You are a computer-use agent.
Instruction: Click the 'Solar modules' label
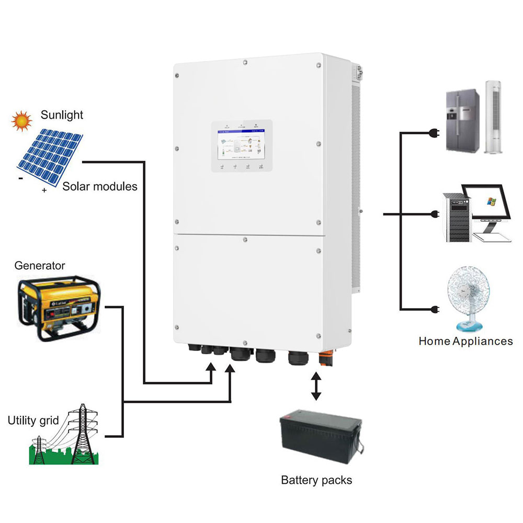(x=100, y=186)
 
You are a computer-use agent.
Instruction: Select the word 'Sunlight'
(x=62, y=115)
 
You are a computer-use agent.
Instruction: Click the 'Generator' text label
(x=40, y=266)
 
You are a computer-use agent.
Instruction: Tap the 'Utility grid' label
(x=33, y=420)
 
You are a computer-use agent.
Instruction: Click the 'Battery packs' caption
(x=316, y=480)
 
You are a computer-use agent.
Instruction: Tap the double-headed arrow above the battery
(x=316, y=385)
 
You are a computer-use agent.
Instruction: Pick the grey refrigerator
(x=462, y=121)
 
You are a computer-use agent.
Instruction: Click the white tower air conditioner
(x=494, y=117)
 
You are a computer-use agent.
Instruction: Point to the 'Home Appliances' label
(x=465, y=341)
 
